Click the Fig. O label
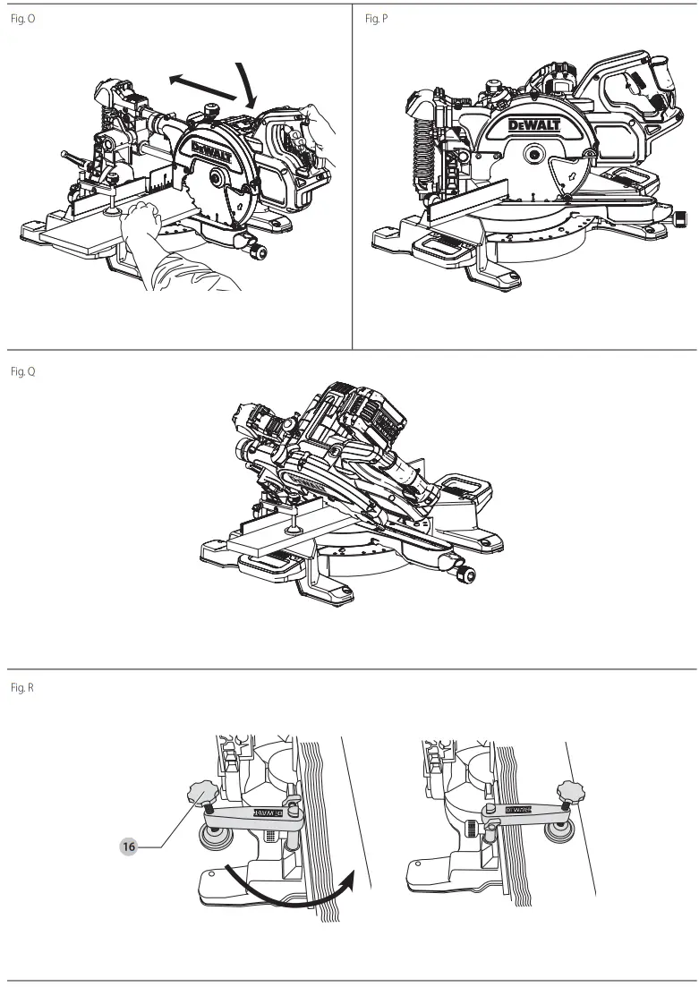point(22,19)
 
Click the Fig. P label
point(377,19)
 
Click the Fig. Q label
point(22,371)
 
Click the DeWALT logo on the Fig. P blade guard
point(533,125)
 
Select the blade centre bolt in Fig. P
point(533,153)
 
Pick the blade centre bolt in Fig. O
point(217,179)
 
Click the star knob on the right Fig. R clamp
point(570,791)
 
